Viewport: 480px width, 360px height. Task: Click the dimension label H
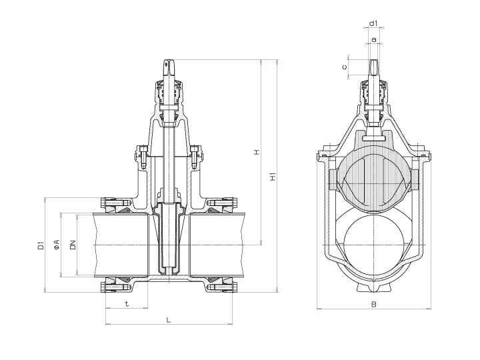click(x=256, y=153)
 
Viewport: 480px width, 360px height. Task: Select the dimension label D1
click(x=41, y=245)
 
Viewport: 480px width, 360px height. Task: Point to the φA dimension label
click(x=57, y=245)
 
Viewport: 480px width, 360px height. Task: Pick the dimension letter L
click(x=169, y=320)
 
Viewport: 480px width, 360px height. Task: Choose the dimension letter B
click(x=374, y=304)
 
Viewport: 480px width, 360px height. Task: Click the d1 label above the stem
click(x=374, y=24)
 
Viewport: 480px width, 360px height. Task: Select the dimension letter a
click(x=374, y=40)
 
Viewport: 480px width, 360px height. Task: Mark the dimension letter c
click(x=344, y=67)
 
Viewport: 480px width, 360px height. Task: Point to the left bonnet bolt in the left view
click(x=143, y=155)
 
